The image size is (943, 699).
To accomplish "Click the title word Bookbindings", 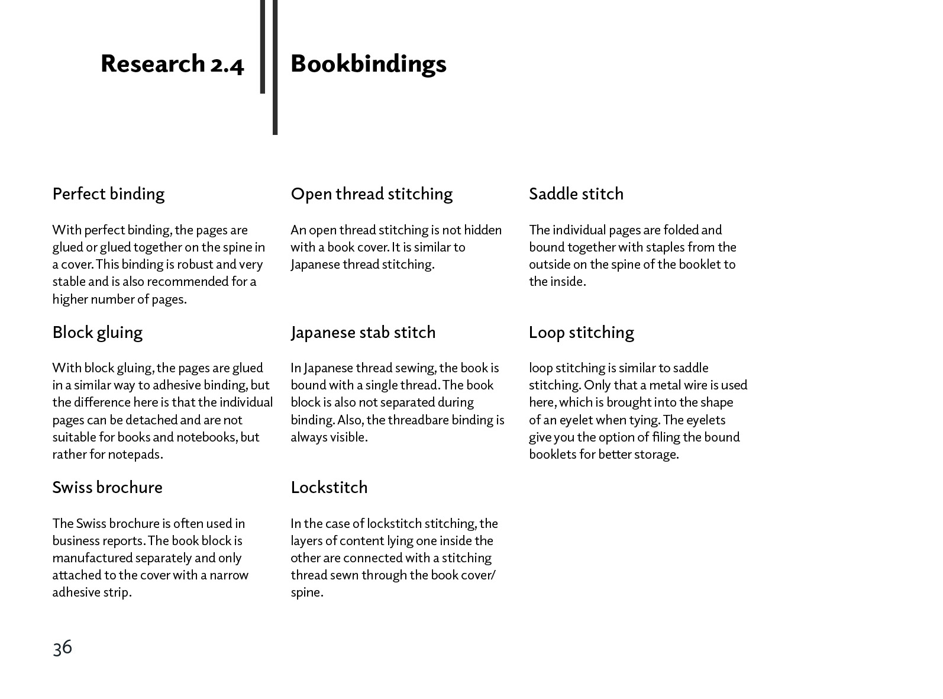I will coord(368,64).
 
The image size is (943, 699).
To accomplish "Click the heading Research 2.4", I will coord(172,64).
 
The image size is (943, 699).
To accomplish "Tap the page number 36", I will coord(62,647).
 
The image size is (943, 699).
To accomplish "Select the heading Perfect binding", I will coord(108,194).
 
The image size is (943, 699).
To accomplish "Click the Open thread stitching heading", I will coord(372,194).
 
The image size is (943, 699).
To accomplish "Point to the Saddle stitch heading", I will coord(576,194).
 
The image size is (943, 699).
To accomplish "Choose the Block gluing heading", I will coord(97,332).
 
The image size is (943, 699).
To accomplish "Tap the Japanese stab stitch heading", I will coord(363,332).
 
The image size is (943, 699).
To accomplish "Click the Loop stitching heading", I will coord(581,332).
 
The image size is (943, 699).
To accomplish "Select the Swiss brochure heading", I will coord(107,487).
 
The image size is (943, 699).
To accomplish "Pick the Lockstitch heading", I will coord(329,487).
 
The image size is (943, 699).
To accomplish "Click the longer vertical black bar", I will coord(275,67).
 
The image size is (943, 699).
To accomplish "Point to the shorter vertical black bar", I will coord(262,46).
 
